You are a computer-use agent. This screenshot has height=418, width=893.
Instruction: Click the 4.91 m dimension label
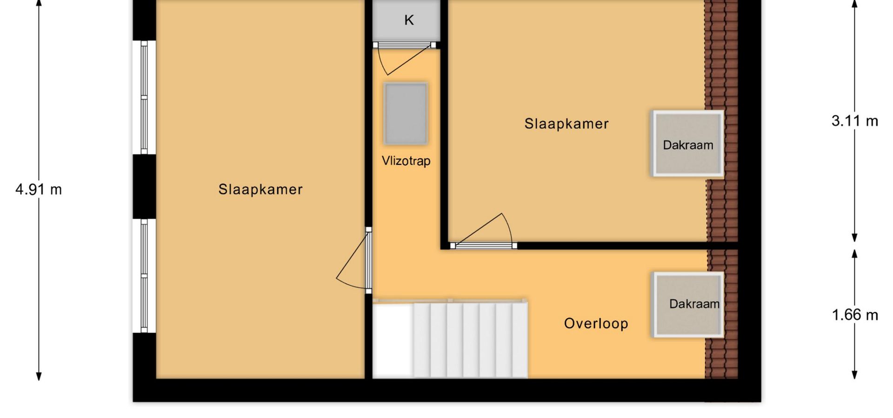pos(39,189)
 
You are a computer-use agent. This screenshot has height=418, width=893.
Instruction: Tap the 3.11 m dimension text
pos(855,121)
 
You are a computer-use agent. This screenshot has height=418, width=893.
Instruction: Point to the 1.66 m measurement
pos(855,315)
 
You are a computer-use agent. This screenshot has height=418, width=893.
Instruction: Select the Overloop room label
pos(596,323)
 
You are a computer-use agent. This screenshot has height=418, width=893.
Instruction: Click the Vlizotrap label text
pos(406,161)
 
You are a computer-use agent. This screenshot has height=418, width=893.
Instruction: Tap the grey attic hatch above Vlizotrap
pos(406,114)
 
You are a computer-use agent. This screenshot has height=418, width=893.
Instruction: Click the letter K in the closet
pos(409,20)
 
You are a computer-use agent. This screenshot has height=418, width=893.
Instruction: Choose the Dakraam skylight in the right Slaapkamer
pos(688,144)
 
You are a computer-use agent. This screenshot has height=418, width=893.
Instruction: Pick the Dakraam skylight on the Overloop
pos(688,305)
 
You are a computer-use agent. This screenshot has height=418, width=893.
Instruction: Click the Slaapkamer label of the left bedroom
pos(260,189)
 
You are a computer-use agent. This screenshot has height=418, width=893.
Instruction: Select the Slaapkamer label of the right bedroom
pos(566,124)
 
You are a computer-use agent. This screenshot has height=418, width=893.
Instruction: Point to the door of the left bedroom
pos(354,260)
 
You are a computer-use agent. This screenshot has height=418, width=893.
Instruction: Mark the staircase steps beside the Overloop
pos(470,340)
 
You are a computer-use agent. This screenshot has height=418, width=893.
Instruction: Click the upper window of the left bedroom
pos(144,98)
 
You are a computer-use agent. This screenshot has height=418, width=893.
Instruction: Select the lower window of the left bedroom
pos(144,276)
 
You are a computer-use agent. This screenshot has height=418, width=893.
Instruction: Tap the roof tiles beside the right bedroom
pos(721,121)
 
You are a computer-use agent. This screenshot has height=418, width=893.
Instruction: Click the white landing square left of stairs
pos(393,340)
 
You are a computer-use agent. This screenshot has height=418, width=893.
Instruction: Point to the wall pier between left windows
pos(145,186)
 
